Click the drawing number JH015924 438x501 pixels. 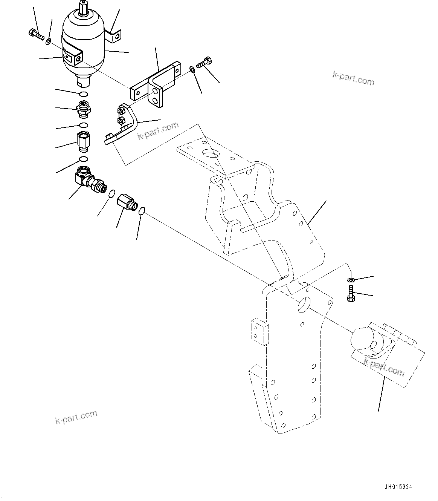398,487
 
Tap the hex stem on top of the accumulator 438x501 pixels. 83,8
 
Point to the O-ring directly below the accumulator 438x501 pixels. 84,94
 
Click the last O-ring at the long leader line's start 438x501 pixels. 142,211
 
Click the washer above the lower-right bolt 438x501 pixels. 351,280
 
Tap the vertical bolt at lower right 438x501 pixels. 351,294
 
